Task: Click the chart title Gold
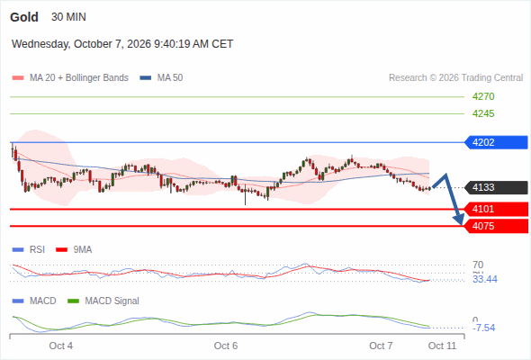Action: [x=24, y=17]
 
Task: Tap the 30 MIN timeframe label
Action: [x=68, y=17]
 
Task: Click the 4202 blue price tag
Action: [x=496, y=142]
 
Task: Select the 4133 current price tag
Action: [x=496, y=187]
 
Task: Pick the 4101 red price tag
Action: [x=496, y=209]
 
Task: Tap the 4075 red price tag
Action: [x=496, y=226]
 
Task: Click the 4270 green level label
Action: [x=483, y=96]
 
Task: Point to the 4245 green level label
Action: [x=483, y=113]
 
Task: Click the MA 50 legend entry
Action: [x=161, y=78]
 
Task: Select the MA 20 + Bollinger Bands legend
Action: [x=70, y=78]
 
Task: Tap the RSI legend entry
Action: [x=29, y=249]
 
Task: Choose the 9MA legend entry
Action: [x=74, y=249]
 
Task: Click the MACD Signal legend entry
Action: [x=103, y=301]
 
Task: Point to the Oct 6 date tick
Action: [x=226, y=346]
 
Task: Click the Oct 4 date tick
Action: [x=60, y=346]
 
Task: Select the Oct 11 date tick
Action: [x=442, y=346]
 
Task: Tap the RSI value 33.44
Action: [x=485, y=279]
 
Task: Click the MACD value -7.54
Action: [x=484, y=328]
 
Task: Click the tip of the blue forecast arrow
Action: [x=462, y=224]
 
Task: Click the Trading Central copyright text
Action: [x=455, y=78]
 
